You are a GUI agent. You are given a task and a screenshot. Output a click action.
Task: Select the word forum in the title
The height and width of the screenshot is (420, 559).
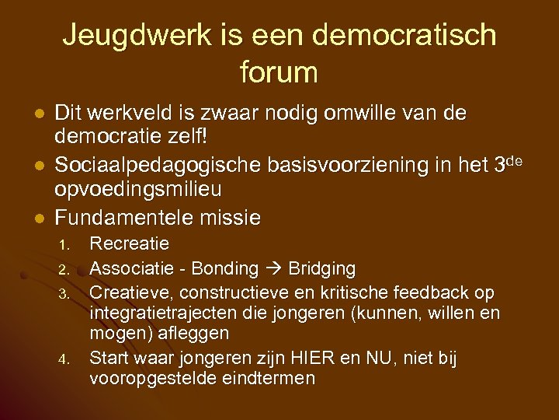click(x=279, y=72)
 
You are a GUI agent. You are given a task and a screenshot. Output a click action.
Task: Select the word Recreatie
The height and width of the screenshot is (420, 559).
click(x=130, y=244)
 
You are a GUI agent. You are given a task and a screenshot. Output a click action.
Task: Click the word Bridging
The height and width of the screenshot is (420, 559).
click(x=321, y=269)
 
